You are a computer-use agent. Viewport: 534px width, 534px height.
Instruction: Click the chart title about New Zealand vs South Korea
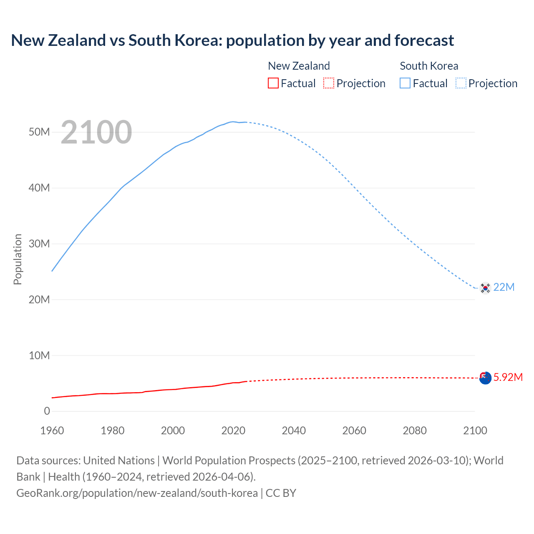[232, 40]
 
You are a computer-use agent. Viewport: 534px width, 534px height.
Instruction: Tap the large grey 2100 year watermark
[96, 132]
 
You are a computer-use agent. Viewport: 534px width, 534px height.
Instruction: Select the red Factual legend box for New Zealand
[273, 83]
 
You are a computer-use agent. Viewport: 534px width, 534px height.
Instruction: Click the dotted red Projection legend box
[329, 83]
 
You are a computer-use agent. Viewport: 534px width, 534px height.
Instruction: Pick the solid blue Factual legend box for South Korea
[405, 83]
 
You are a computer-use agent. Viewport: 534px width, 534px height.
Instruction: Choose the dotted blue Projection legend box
[461, 83]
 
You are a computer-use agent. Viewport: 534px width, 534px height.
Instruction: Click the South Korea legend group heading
[429, 66]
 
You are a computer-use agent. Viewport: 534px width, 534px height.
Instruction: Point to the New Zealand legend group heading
[299, 66]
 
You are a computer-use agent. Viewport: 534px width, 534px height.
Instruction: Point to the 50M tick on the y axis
[39, 132]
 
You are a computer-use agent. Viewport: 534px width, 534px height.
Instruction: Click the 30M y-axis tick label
[39, 244]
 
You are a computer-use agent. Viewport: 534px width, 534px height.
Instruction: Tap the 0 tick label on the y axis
[47, 411]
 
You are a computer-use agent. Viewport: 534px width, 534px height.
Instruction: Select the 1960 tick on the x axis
[52, 431]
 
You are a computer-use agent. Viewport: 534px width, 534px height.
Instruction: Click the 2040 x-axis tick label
[294, 431]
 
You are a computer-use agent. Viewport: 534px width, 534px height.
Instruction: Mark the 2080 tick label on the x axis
[415, 431]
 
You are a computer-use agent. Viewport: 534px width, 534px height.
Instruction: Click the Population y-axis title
[18, 259]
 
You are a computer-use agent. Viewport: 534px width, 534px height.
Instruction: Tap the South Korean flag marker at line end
[485, 288]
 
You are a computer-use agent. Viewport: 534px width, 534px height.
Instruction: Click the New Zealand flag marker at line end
[485, 378]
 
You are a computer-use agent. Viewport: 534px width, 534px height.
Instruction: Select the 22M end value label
[504, 287]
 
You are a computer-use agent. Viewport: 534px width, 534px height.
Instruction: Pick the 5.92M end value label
[508, 377]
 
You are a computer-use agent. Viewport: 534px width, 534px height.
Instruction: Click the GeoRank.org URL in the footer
[137, 493]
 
